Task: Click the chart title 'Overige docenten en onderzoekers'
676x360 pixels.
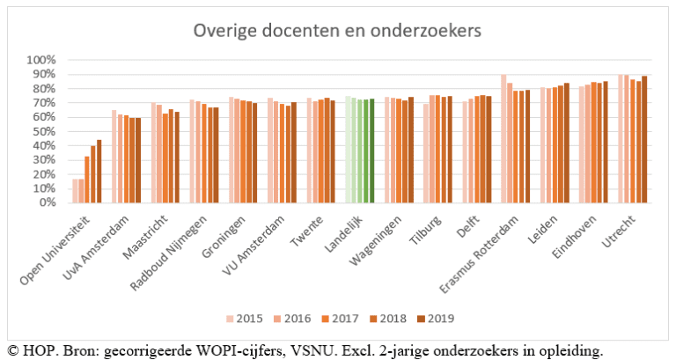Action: pos(337,33)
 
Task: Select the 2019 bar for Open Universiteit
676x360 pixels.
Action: pos(99,171)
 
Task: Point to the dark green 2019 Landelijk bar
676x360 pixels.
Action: pos(372,151)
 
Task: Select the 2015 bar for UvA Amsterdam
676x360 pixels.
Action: pos(114,156)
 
